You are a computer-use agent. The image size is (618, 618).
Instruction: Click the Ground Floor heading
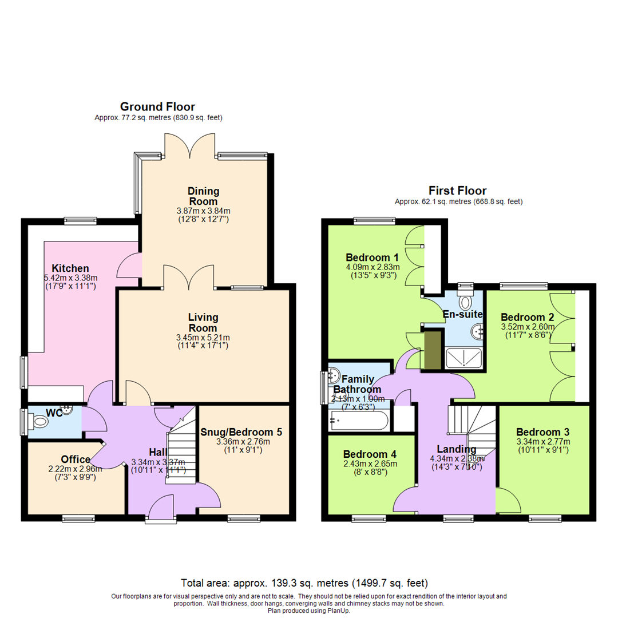point(157,107)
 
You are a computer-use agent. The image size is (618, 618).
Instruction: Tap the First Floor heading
point(458,191)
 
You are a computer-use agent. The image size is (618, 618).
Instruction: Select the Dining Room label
point(203,196)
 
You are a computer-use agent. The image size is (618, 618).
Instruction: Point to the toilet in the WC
point(42,422)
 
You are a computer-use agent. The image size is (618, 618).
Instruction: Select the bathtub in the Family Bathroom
point(359,421)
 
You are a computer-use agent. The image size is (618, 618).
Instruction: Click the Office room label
point(76,459)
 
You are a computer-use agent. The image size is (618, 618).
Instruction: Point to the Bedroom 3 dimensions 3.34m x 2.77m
point(543,442)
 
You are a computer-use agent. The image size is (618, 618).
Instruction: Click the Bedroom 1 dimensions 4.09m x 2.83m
point(373,267)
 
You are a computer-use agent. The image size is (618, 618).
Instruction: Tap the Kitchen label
point(70,268)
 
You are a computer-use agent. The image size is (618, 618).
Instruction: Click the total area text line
point(304,584)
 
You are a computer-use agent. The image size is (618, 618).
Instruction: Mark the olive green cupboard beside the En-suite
point(433,350)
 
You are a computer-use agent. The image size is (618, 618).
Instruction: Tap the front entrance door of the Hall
point(160,507)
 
